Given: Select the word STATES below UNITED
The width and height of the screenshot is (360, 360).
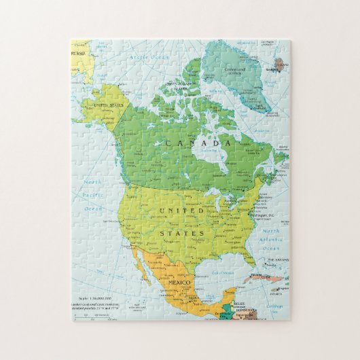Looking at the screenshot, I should [182, 233].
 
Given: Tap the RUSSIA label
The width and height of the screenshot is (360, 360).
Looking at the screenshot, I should [79, 53].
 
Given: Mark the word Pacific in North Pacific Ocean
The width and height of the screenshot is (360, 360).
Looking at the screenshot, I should [93, 196].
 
